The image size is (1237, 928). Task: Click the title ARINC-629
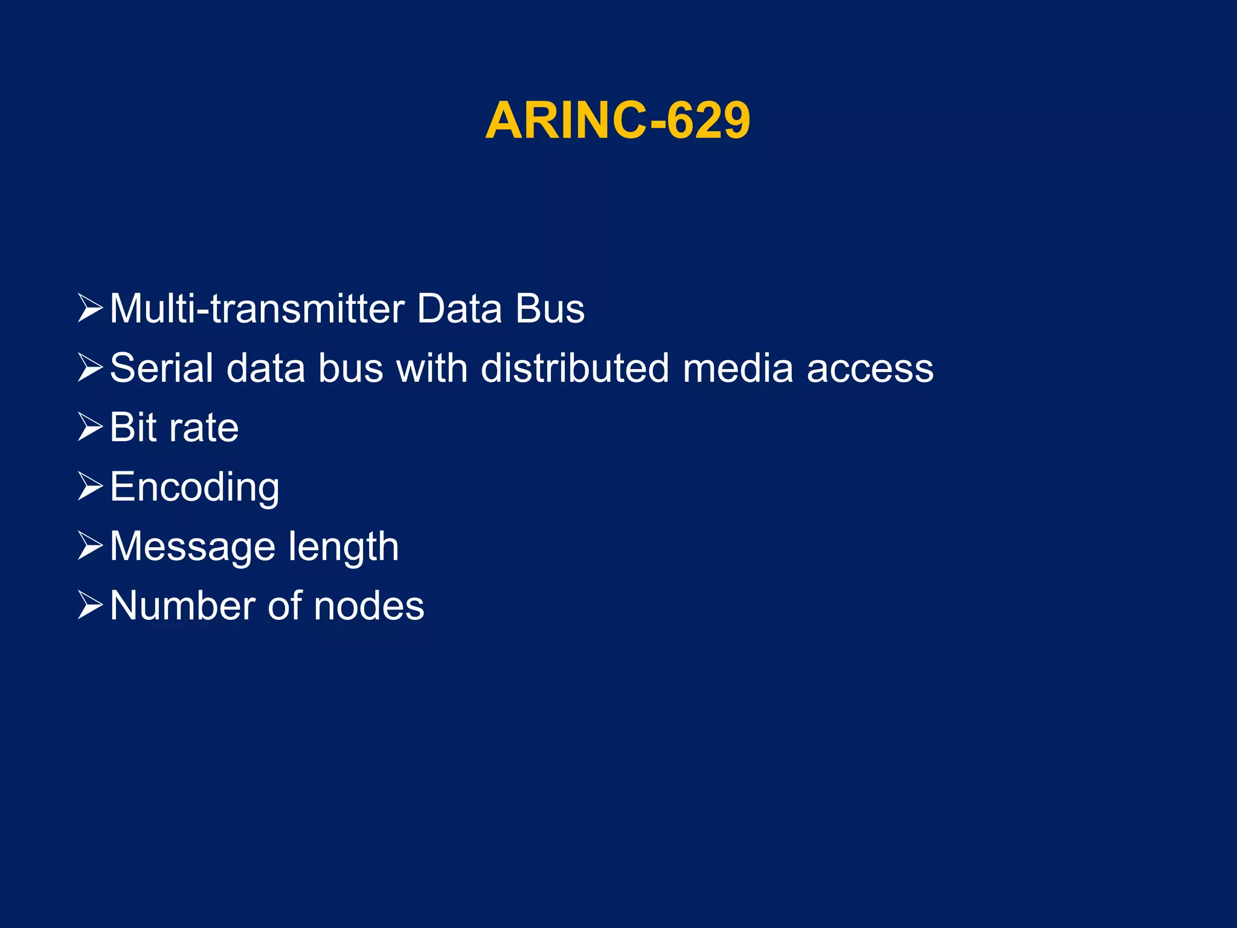click(617, 121)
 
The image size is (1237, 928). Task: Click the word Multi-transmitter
click(256, 309)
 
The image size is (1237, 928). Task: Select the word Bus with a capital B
click(550, 309)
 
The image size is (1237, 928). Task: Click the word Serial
click(161, 368)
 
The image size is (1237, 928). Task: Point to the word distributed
click(574, 368)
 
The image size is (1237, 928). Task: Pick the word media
click(737, 368)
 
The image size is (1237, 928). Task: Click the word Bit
click(133, 427)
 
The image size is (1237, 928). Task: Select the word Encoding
click(194, 487)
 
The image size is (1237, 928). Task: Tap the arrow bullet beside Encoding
click(90, 487)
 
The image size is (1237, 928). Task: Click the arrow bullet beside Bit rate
click(90, 427)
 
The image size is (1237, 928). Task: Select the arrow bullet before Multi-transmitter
click(90, 308)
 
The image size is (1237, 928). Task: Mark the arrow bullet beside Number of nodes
click(90, 605)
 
